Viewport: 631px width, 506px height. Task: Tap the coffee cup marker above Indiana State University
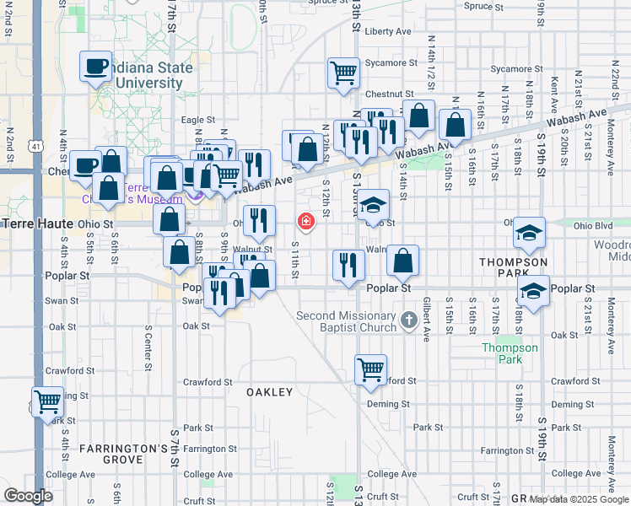point(96,66)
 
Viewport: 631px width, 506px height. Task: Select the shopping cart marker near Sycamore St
point(343,73)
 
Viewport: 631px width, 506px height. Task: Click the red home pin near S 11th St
point(305,222)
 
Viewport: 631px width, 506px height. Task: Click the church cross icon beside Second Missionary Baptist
point(408,320)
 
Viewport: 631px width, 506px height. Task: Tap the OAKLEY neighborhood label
point(269,392)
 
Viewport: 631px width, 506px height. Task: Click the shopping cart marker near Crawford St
point(370,369)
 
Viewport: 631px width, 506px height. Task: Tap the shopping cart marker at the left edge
point(47,401)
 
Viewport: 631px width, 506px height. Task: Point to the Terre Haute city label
point(38,224)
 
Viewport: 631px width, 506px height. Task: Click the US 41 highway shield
point(35,147)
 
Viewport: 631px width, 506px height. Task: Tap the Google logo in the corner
point(28,496)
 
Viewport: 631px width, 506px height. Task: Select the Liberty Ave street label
point(388,31)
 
